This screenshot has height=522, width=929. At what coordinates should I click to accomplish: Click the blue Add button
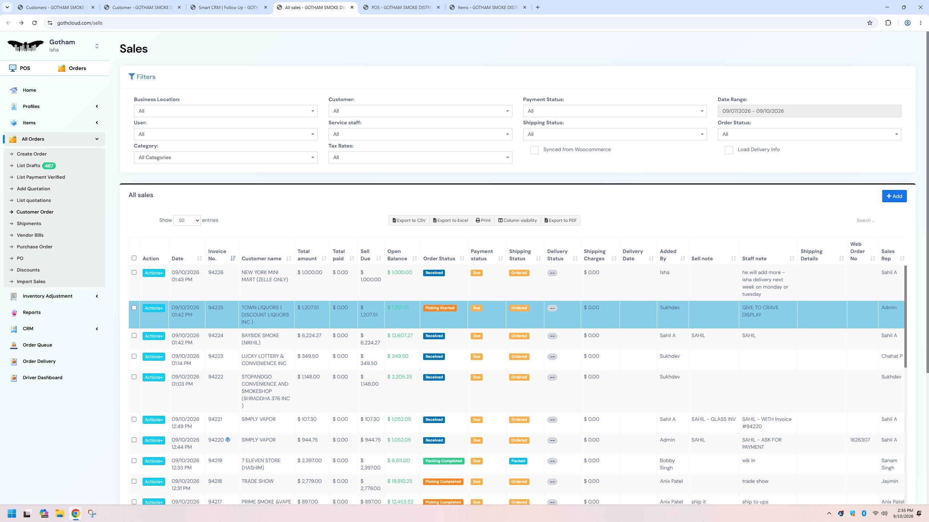[894, 196]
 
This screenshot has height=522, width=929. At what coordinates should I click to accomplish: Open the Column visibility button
[517, 220]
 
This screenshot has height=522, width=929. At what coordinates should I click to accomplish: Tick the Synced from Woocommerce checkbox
[534, 150]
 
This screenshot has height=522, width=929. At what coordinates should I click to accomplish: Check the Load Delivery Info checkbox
[729, 150]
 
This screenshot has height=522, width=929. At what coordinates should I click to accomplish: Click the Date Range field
[809, 111]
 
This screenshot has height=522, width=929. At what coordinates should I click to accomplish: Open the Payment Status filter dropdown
[615, 111]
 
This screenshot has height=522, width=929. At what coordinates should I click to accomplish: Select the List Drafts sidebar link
[28, 166]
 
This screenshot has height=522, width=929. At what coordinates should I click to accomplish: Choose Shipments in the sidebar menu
[29, 224]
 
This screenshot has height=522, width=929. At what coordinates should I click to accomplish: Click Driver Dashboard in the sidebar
[42, 378]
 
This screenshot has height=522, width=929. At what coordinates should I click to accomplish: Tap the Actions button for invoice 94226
[154, 273]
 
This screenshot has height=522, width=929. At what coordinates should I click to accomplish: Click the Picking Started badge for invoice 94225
[440, 308]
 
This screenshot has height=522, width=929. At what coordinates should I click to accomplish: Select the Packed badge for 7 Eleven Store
[518, 461]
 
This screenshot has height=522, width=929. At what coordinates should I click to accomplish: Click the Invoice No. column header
[217, 255]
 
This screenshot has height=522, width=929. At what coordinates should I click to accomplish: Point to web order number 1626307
[860, 440]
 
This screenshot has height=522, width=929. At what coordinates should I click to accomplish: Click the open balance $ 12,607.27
[400, 336]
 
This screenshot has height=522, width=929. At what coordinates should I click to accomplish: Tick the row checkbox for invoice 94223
[134, 356]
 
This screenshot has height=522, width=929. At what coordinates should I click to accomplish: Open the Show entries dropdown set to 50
[187, 220]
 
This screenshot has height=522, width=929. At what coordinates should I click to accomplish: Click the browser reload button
[34, 23]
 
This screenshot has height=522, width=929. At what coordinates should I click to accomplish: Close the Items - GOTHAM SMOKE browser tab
[524, 7]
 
